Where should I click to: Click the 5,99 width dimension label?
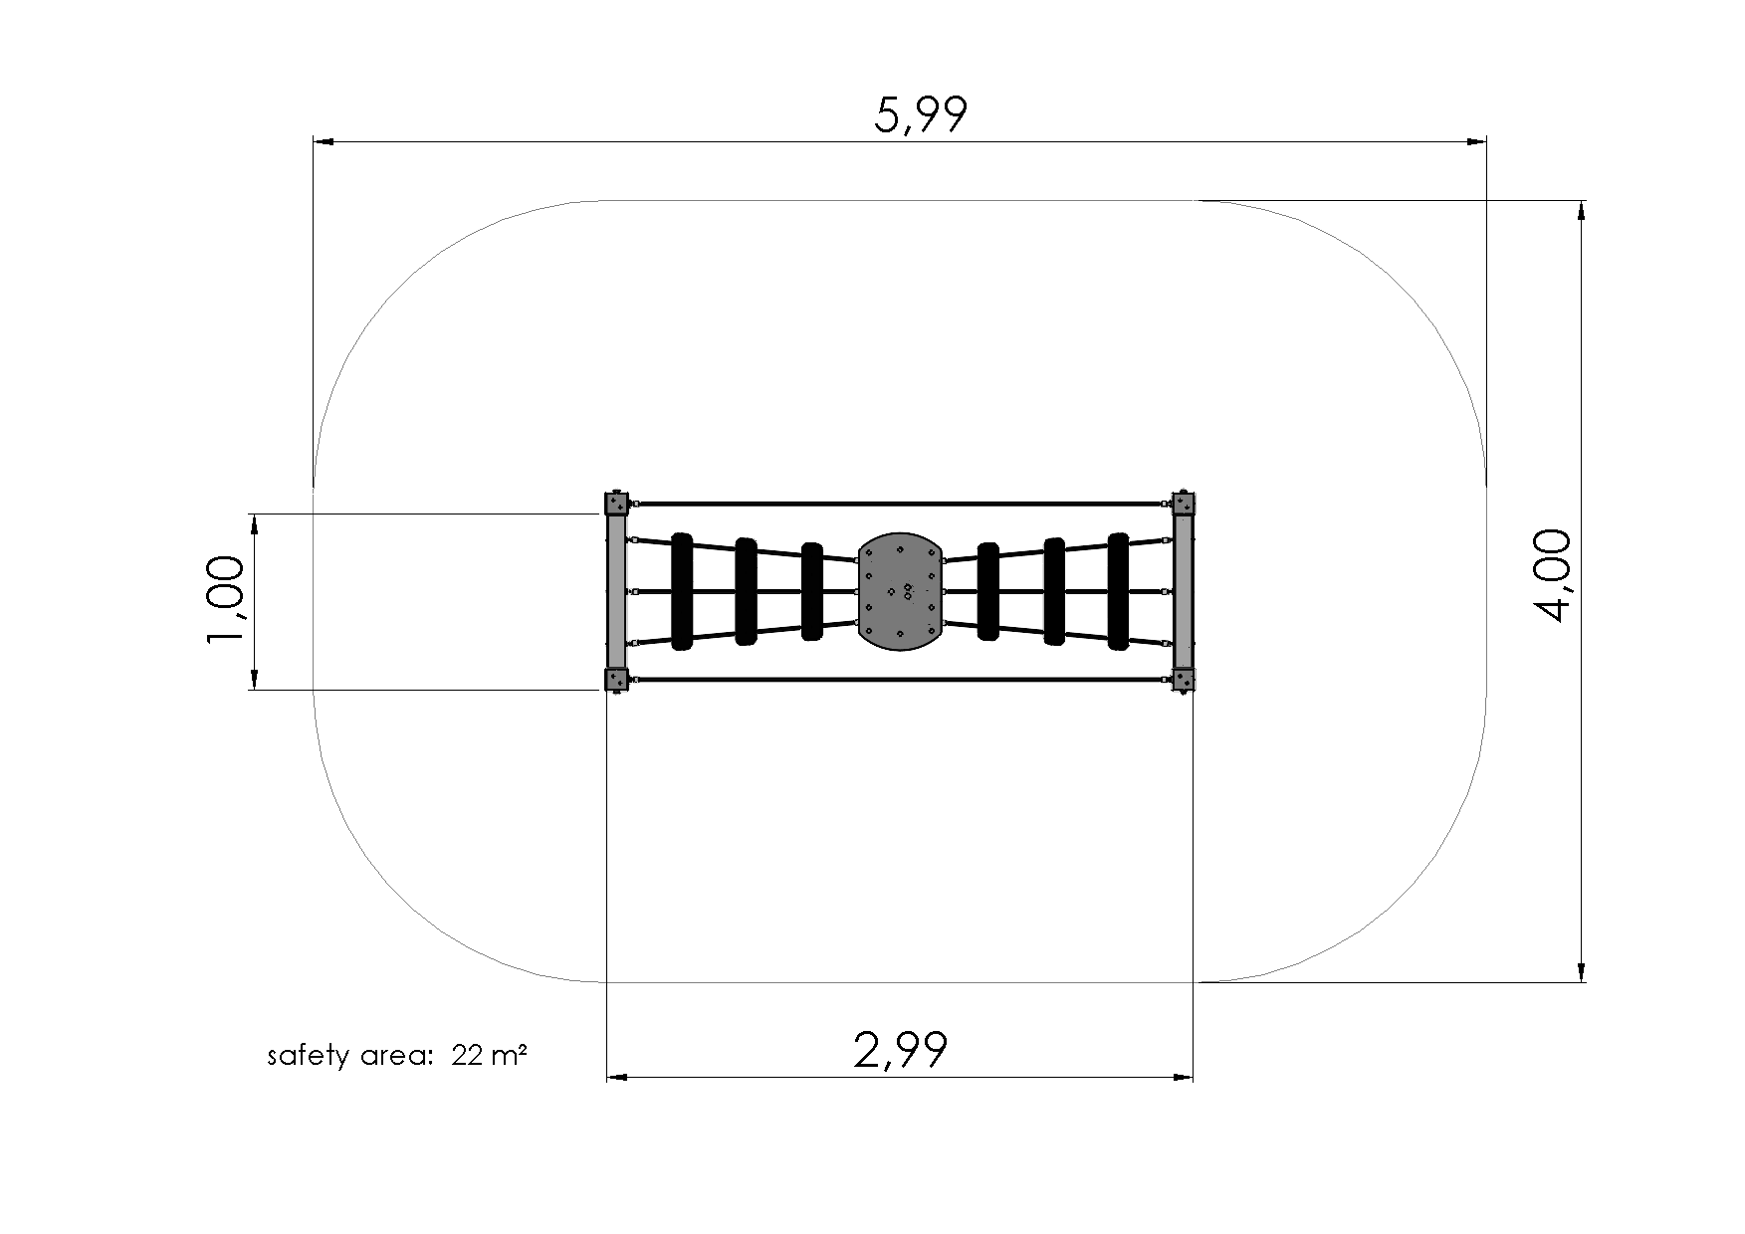pyautogui.click(x=920, y=115)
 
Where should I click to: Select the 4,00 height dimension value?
pyautogui.click(x=1552, y=576)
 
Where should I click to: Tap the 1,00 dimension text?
pyautogui.click(x=225, y=600)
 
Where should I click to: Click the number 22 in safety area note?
pyautogui.click(x=467, y=1055)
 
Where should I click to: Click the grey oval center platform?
pyautogui.click(x=900, y=591)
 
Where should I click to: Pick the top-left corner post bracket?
pyautogui.click(x=617, y=503)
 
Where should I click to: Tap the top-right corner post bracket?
pyautogui.click(x=1183, y=503)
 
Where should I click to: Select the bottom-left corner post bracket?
pyautogui.click(x=617, y=680)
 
